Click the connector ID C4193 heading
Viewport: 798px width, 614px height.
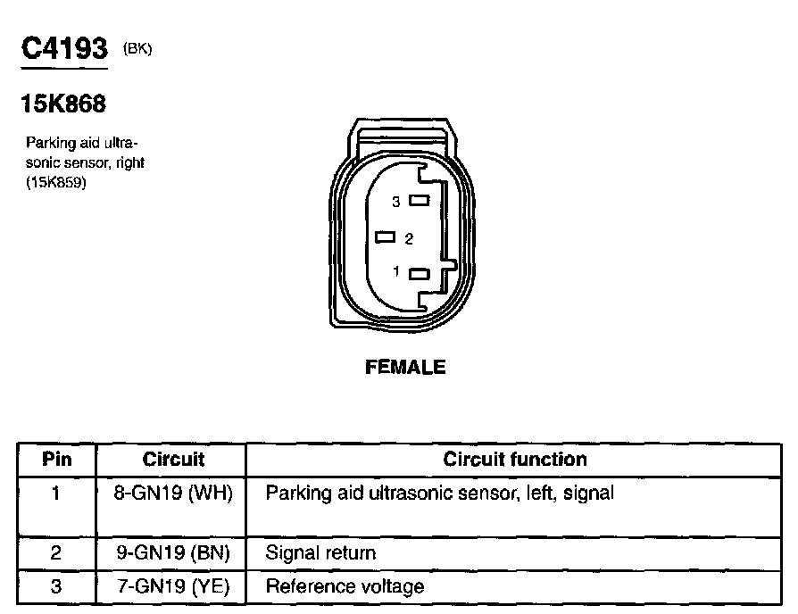click(63, 48)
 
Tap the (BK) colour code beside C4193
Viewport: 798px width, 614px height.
click(138, 50)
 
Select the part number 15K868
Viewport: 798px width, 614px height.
click(62, 105)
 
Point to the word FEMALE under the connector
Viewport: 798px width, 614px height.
click(405, 367)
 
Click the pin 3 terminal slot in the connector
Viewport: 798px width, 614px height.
click(420, 202)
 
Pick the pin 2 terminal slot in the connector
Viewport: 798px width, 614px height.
click(387, 237)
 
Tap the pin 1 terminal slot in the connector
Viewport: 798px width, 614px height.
click(420, 274)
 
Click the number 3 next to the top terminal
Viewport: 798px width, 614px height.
click(396, 203)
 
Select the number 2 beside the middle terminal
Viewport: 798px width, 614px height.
click(408, 239)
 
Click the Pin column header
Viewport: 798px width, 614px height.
click(56, 460)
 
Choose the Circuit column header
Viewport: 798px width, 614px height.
click(173, 460)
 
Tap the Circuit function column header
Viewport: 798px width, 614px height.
click(515, 460)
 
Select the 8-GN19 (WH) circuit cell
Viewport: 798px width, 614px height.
click(173, 493)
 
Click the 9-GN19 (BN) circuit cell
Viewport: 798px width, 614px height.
click(173, 553)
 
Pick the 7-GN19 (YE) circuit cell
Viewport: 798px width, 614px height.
click(173, 586)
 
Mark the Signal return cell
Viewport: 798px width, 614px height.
click(320, 553)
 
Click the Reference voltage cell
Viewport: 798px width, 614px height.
click(345, 586)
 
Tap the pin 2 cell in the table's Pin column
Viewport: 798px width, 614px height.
click(56, 553)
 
